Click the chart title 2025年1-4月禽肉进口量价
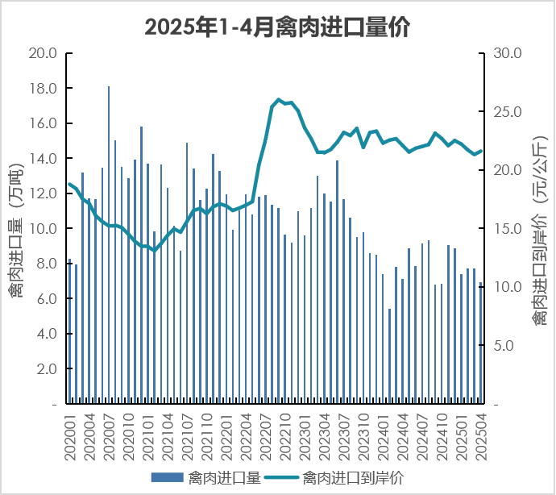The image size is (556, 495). point(277,27)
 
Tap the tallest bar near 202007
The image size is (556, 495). point(109,242)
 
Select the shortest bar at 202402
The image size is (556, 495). point(389,355)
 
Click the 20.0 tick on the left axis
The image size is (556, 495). point(42,53)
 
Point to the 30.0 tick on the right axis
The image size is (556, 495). point(507,53)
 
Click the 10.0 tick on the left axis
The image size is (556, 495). point(42,228)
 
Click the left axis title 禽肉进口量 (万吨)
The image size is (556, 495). point(15,230)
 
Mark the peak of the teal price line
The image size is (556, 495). point(279,100)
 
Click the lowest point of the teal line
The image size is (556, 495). point(155,251)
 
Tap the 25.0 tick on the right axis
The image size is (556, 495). point(507,111)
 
